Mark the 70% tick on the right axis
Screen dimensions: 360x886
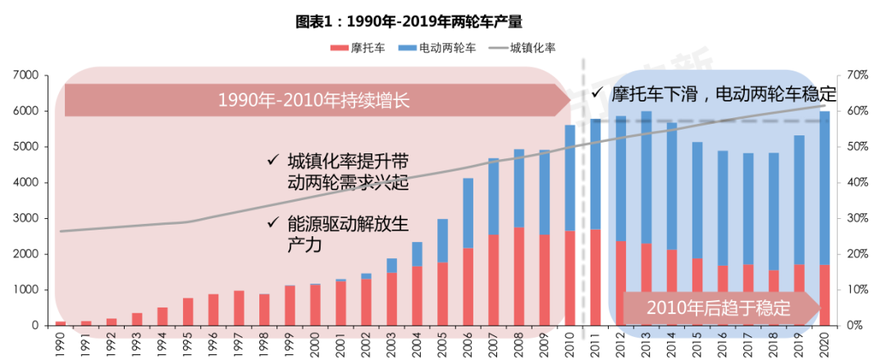(857, 75)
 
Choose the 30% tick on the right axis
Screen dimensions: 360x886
(857, 219)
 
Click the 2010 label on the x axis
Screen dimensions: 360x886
(570, 342)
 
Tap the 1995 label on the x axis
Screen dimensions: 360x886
(188, 342)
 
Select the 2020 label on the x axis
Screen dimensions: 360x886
(824, 342)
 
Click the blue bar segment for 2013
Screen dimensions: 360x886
(646, 177)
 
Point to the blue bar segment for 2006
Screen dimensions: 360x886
(468, 213)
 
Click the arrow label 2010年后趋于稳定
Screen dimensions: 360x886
(718, 309)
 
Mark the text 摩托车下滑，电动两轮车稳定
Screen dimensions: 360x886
(713, 93)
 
